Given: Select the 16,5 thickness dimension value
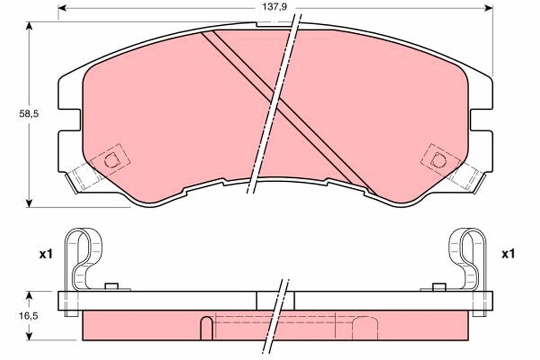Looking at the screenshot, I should pos(28,316).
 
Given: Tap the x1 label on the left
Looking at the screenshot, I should pos(45,254).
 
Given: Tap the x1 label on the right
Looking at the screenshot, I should pos(508,254).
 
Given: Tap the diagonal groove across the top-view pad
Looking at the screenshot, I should pos(288,112).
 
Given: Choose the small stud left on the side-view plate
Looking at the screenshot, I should pos(111,286).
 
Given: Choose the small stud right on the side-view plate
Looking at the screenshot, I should pos(439,286).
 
